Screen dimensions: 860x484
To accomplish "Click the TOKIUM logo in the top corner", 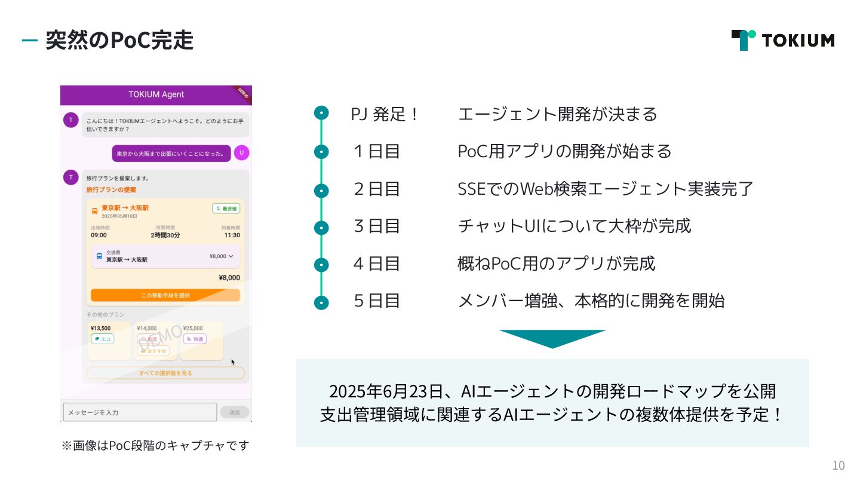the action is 782,40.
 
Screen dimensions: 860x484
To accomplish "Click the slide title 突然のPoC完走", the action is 119,41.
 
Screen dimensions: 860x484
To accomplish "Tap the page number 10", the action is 838,465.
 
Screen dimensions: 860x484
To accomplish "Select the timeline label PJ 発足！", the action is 385,114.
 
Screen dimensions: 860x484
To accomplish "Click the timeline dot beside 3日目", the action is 321,228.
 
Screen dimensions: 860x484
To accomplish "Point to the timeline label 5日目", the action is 376,300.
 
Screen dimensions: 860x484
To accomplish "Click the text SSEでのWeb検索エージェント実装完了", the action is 605,189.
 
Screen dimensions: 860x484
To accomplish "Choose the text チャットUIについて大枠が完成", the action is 574,226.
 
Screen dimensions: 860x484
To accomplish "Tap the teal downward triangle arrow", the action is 552,338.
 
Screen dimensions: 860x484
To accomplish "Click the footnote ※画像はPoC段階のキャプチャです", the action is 155,446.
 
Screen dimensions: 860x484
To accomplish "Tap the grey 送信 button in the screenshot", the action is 235,412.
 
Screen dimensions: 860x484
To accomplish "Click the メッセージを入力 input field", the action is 140,412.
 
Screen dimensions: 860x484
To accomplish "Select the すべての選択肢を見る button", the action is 165,373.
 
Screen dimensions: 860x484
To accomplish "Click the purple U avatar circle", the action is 241,153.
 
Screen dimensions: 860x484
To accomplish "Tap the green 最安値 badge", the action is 226,209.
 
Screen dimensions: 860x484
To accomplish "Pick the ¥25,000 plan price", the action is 193,328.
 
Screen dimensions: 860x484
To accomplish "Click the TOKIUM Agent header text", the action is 156,94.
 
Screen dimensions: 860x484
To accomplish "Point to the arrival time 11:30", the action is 232,235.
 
